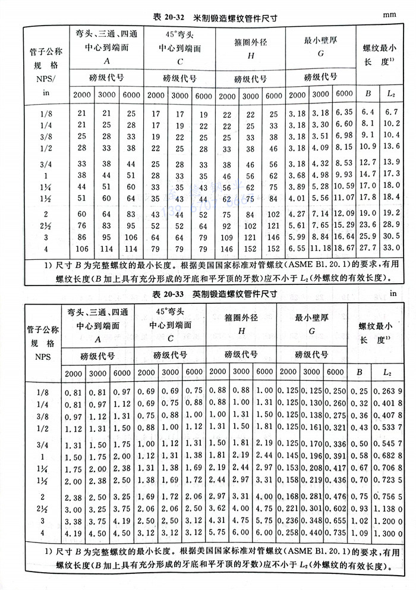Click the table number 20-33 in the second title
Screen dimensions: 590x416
pyautogui.click(x=164, y=294)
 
